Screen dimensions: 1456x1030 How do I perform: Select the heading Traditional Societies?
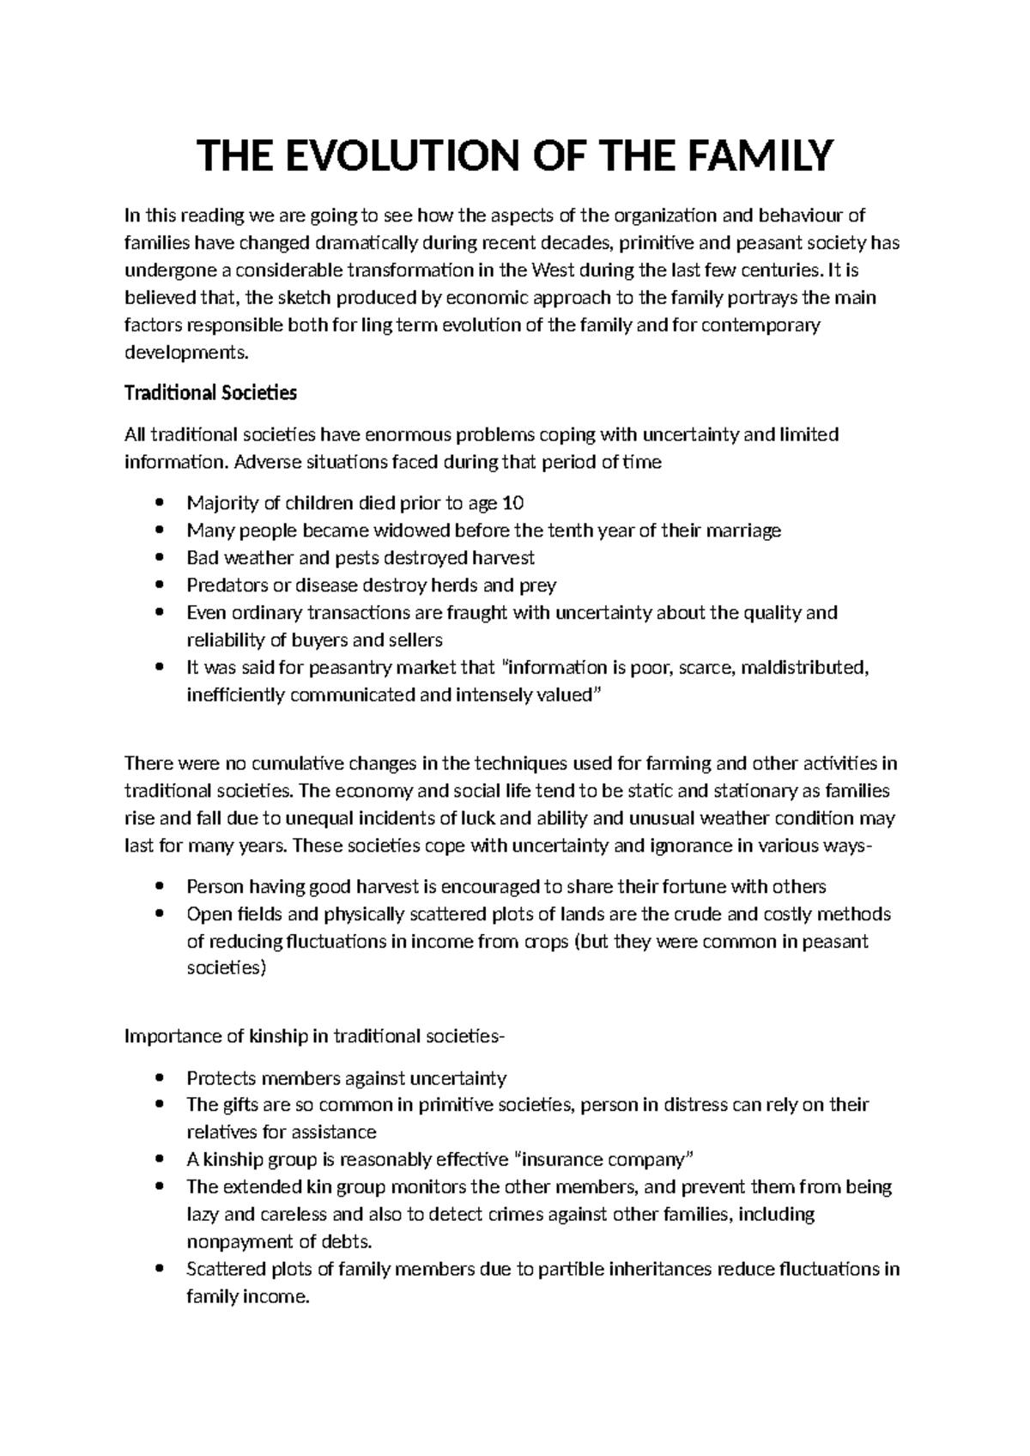[210, 393]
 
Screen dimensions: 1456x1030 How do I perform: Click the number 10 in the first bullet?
[512, 503]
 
